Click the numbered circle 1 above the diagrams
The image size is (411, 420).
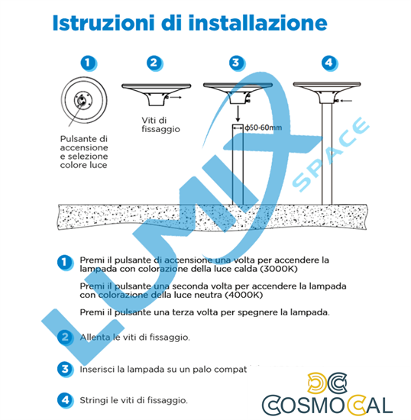tap(89, 63)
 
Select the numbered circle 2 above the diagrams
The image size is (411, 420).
tap(154, 63)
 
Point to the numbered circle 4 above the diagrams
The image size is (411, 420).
tap(328, 63)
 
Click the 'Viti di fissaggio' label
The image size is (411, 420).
tap(160, 124)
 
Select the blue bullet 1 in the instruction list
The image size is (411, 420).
tap(65, 262)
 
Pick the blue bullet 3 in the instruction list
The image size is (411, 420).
tap(65, 368)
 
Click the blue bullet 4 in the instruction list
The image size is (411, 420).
tap(65, 399)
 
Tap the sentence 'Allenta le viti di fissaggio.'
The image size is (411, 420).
tap(135, 337)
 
